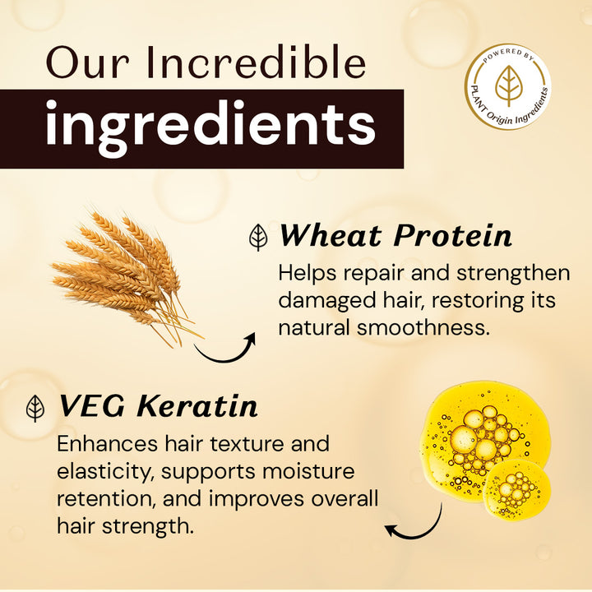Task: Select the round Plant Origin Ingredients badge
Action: click(x=508, y=86)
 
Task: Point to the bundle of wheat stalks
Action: click(x=127, y=271)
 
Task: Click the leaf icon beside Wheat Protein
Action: click(x=259, y=237)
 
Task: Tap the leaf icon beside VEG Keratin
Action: click(x=35, y=407)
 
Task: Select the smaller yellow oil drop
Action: click(x=517, y=489)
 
